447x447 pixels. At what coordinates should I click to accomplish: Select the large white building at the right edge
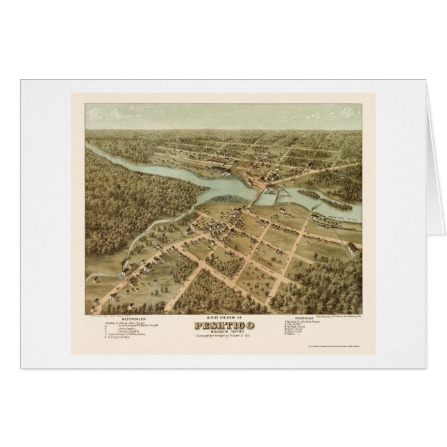(353, 248)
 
